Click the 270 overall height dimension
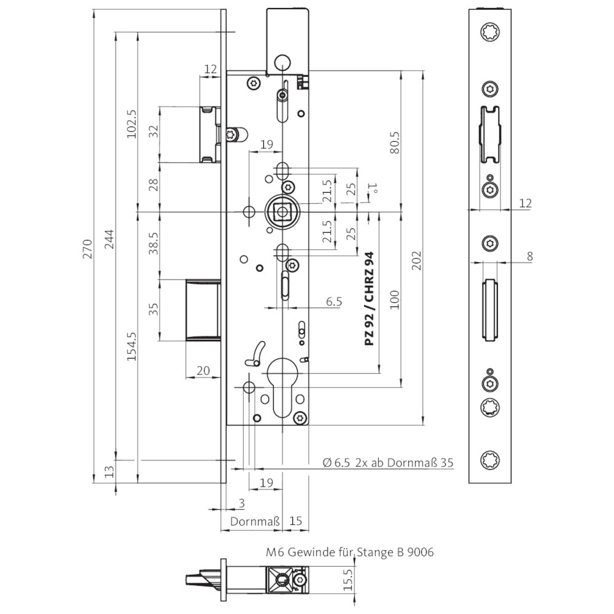(x=87, y=249)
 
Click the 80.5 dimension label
(x=395, y=142)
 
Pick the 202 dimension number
(x=417, y=260)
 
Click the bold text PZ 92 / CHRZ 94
(x=369, y=299)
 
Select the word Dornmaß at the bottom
(x=255, y=521)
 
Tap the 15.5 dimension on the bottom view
(x=348, y=579)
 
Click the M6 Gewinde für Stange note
(x=350, y=553)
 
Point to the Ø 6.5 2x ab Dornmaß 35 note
(x=387, y=462)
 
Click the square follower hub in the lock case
(x=282, y=212)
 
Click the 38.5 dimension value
(x=153, y=243)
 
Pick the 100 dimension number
(x=395, y=300)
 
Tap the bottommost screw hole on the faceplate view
(x=490, y=460)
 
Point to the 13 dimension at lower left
(x=110, y=471)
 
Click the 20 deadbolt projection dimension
(x=203, y=370)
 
